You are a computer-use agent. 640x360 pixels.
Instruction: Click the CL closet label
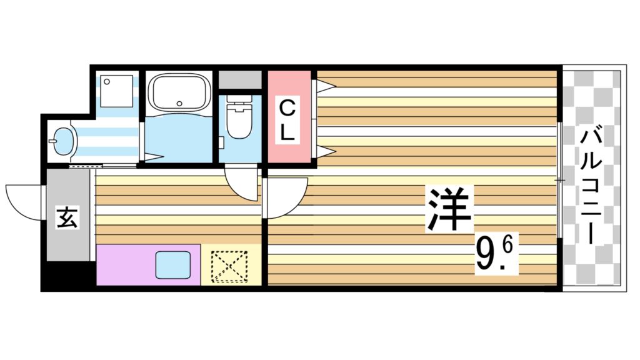[x=289, y=119]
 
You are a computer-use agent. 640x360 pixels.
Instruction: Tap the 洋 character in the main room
[x=448, y=210]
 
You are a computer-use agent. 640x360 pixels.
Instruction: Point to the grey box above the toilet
[x=240, y=81]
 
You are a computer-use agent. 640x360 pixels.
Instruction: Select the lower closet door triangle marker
[x=325, y=151]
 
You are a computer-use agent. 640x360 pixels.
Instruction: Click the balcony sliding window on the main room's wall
[x=559, y=181]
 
